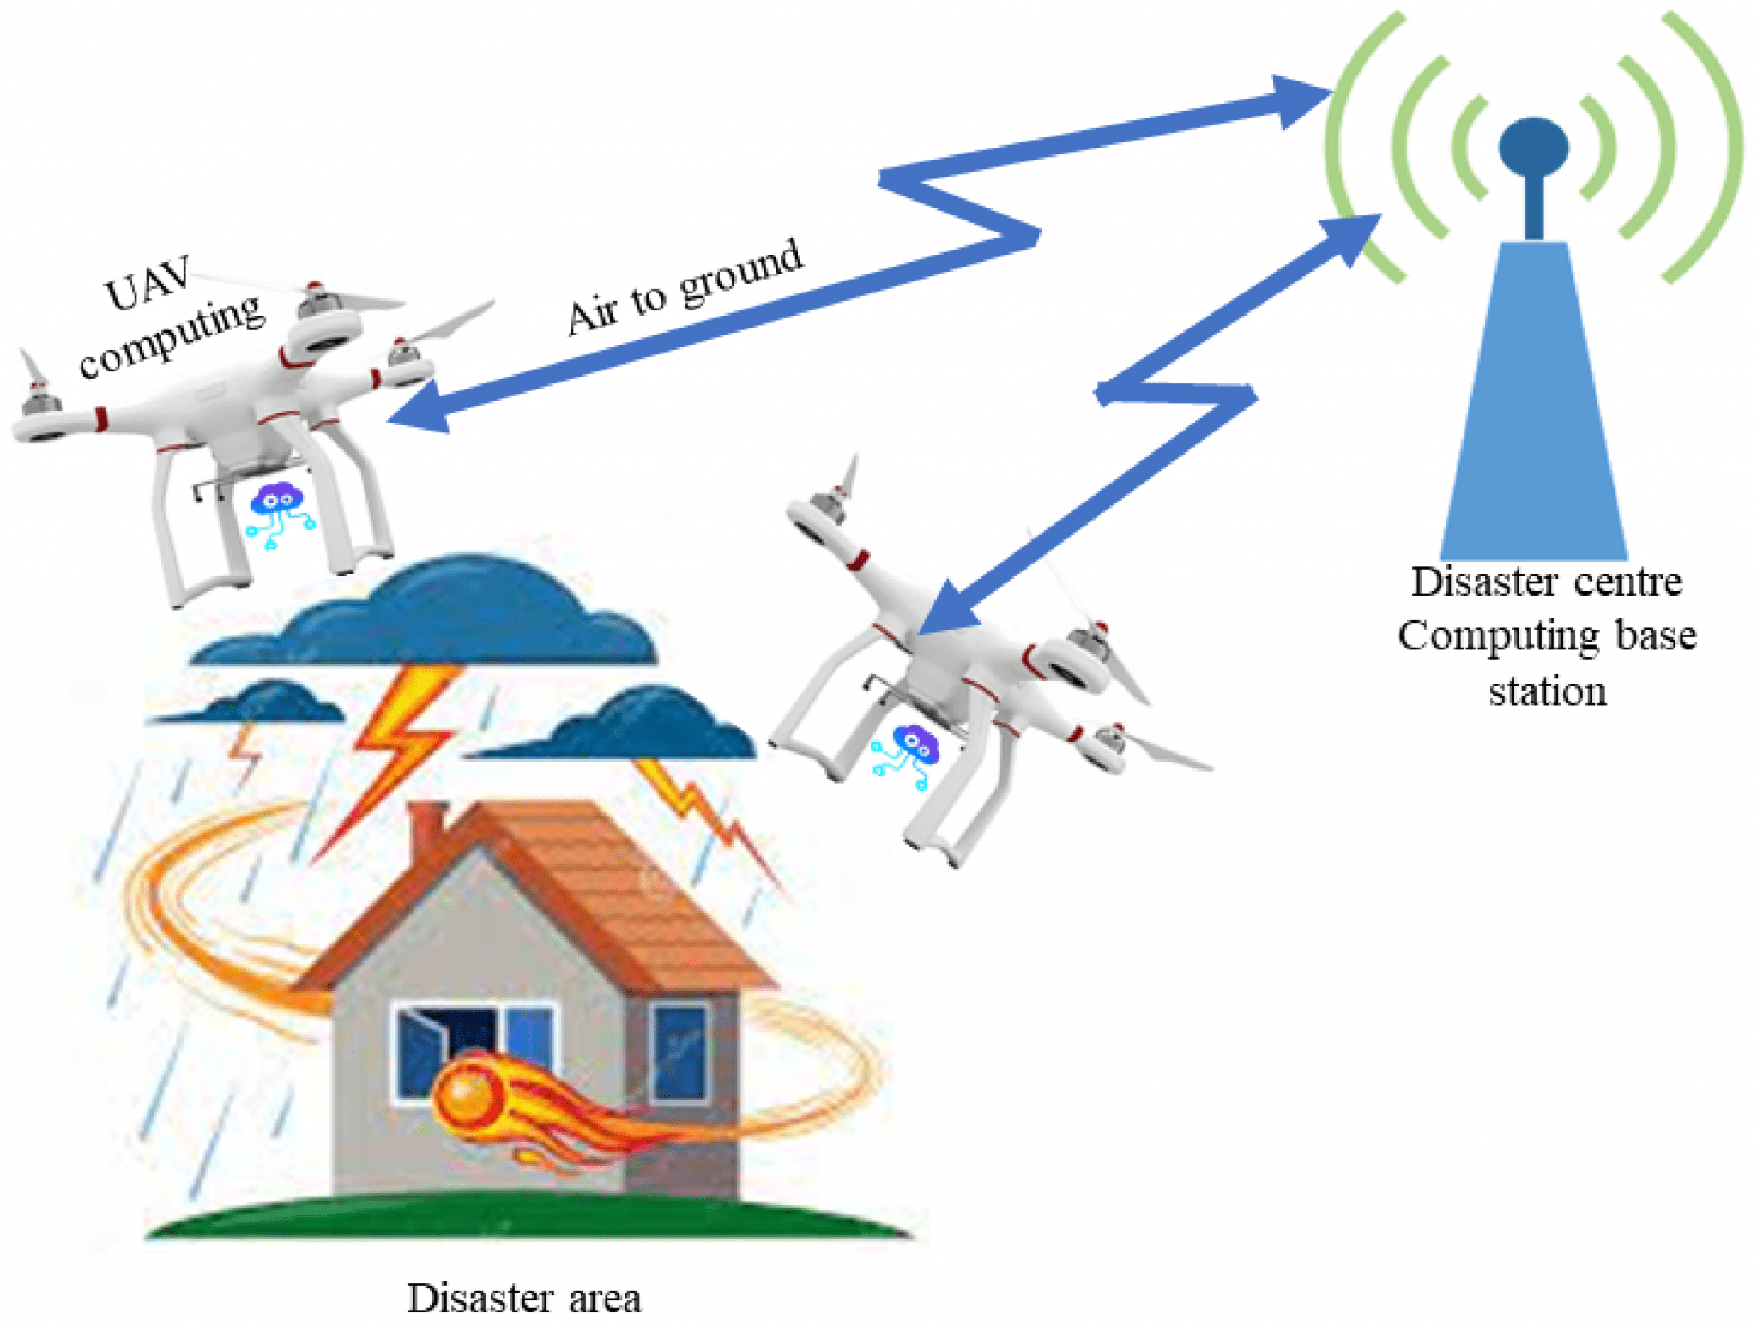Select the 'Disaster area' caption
tap(523, 1298)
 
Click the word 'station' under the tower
tap(1547, 691)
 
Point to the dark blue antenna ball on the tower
tap(1533, 147)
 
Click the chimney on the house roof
tap(426, 829)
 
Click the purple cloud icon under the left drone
tap(278, 498)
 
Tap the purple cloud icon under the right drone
tap(915, 742)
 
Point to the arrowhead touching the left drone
tap(420, 407)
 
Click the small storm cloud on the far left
tap(257, 703)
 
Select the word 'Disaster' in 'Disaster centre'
tap(1472, 582)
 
